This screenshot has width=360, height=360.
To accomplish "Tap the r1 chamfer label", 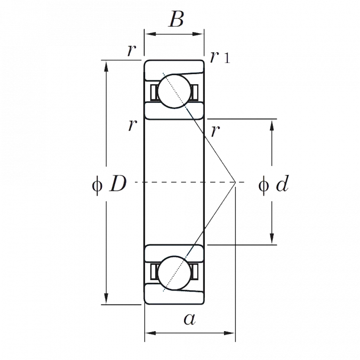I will [219, 57].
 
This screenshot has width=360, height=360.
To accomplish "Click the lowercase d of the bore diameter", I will [283, 185].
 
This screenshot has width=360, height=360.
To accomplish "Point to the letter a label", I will [189, 319].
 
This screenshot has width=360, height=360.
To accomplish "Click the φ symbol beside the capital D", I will [97, 185].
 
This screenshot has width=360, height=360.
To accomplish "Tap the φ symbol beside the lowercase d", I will [263, 185].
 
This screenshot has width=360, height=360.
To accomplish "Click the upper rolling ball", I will [176, 91].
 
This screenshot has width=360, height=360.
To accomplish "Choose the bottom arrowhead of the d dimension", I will [272, 239].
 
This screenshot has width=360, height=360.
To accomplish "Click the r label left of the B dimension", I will [130, 52].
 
